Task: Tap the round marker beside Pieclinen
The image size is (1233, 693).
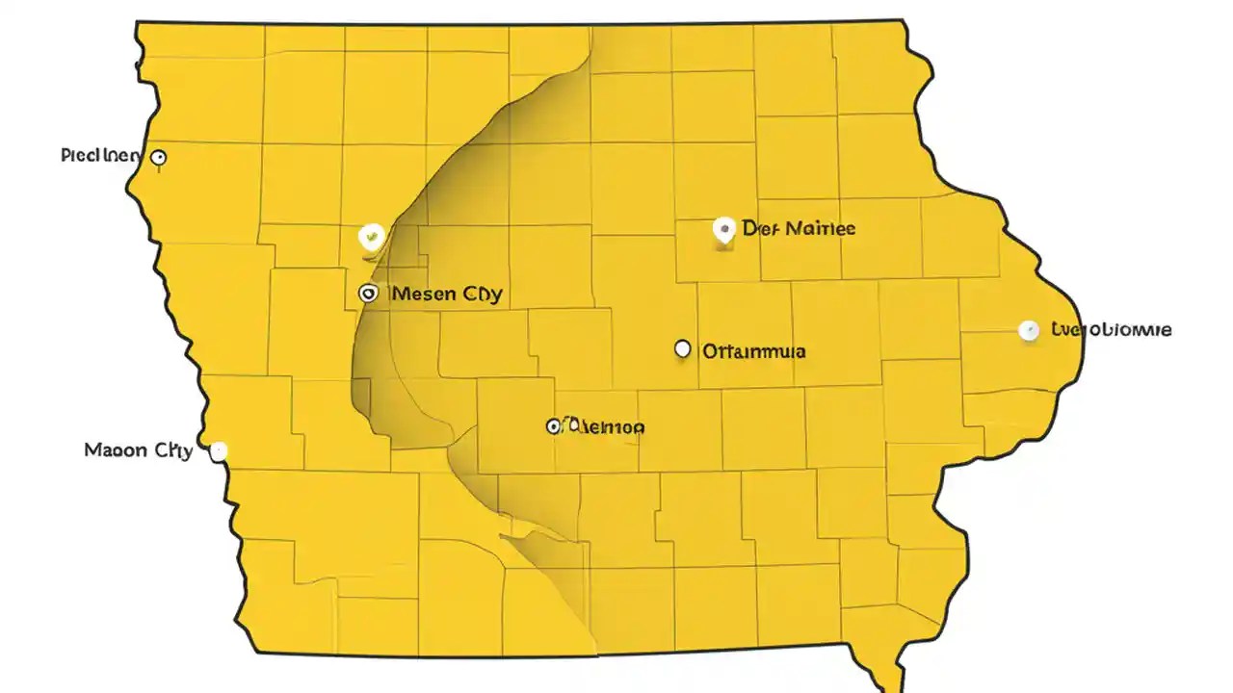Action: coord(159,157)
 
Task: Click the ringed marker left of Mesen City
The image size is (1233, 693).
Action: coord(367,294)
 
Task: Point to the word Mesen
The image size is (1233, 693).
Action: coord(425,294)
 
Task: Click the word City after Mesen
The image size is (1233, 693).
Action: coord(483,295)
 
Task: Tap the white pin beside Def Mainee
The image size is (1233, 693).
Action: coord(723,230)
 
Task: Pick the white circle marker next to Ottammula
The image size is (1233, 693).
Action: coord(683,349)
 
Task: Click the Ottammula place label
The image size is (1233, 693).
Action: coord(754,351)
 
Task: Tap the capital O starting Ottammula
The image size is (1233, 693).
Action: coord(710,351)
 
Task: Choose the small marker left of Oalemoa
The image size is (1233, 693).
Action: coord(553,425)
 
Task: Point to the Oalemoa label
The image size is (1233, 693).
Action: coord(604,425)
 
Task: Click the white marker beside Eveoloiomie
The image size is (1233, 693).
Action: coord(1029,330)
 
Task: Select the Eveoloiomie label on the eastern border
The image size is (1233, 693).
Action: coord(1112,329)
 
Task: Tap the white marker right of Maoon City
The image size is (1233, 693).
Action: coord(219,450)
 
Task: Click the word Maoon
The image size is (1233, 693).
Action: coord(116,449)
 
